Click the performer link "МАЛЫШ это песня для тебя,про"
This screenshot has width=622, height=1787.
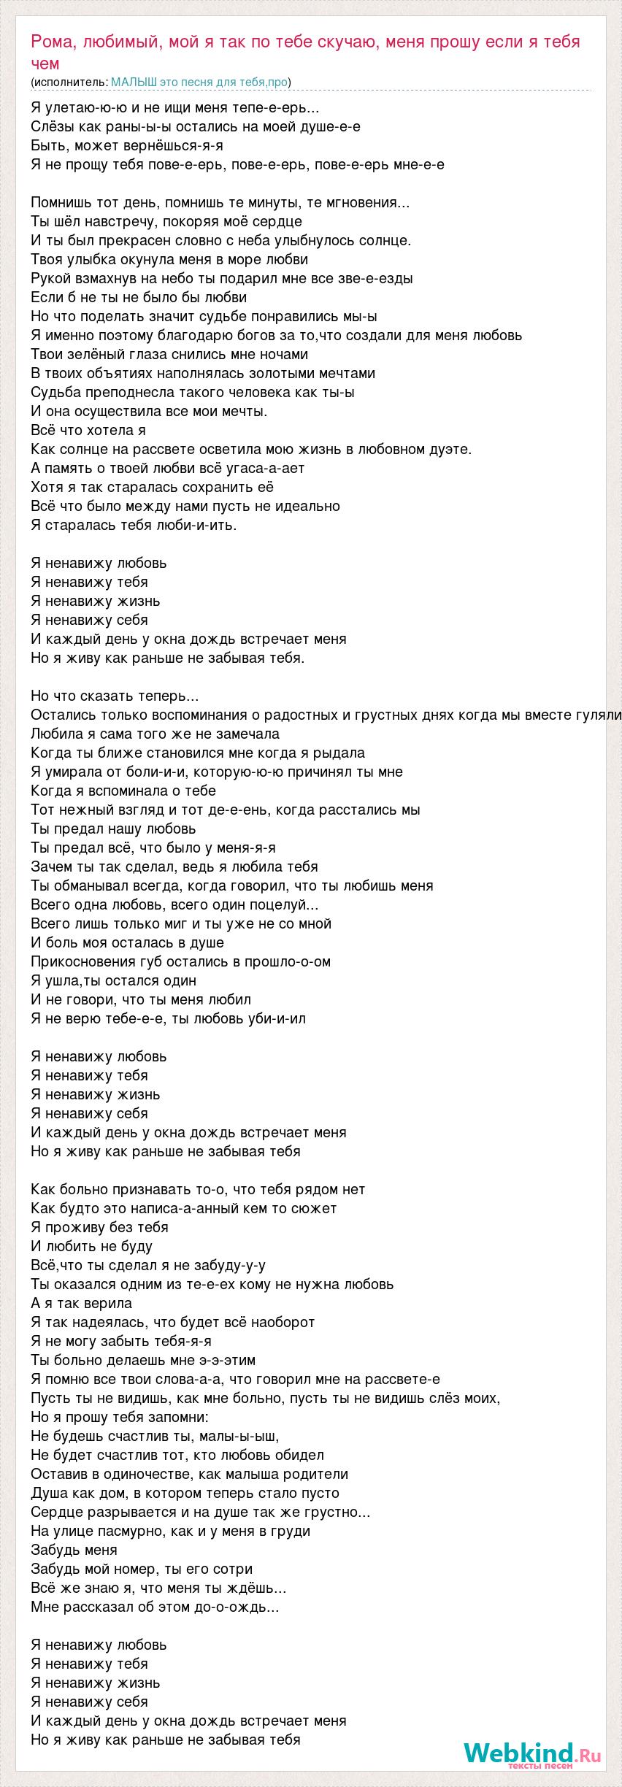[200, 82]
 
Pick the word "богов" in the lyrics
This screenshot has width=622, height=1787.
[239, 335]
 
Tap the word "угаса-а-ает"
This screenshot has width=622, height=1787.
[268, 468]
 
